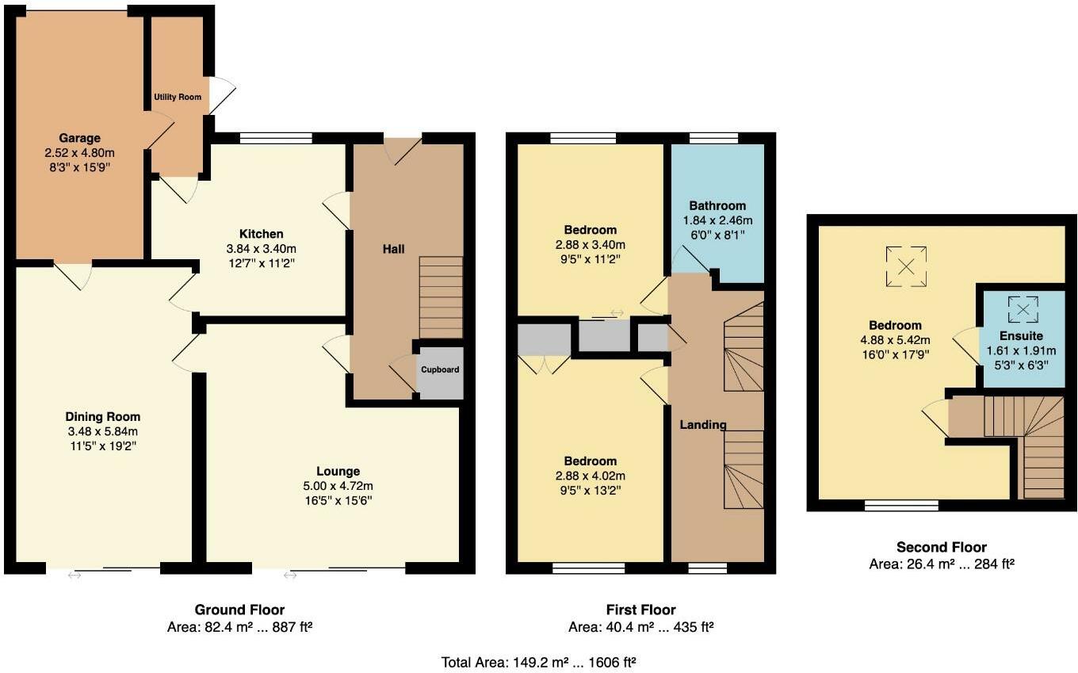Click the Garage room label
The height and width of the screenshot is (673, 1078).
[79, 138]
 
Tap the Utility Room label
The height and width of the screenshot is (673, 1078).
[177, 97]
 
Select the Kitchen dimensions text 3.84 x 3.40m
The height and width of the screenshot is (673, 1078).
[262, 248]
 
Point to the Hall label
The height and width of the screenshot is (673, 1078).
[394, 249]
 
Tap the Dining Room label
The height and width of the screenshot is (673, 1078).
[102, 417]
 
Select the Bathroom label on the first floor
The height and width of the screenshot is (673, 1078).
[717, 205]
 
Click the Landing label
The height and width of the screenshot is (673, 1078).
[703, 425]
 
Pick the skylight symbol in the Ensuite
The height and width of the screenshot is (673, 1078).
[1023, 308]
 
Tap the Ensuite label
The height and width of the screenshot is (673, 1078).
[1021, 336]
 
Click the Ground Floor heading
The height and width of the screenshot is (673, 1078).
[239, 610]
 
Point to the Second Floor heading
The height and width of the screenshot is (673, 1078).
[941, 547]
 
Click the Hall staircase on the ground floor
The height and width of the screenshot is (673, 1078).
[441, 297]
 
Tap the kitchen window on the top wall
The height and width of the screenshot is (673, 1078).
[276, 137]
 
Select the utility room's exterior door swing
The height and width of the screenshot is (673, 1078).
[221, 94]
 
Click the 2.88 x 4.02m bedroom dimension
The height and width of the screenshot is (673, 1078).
[590, 476]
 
